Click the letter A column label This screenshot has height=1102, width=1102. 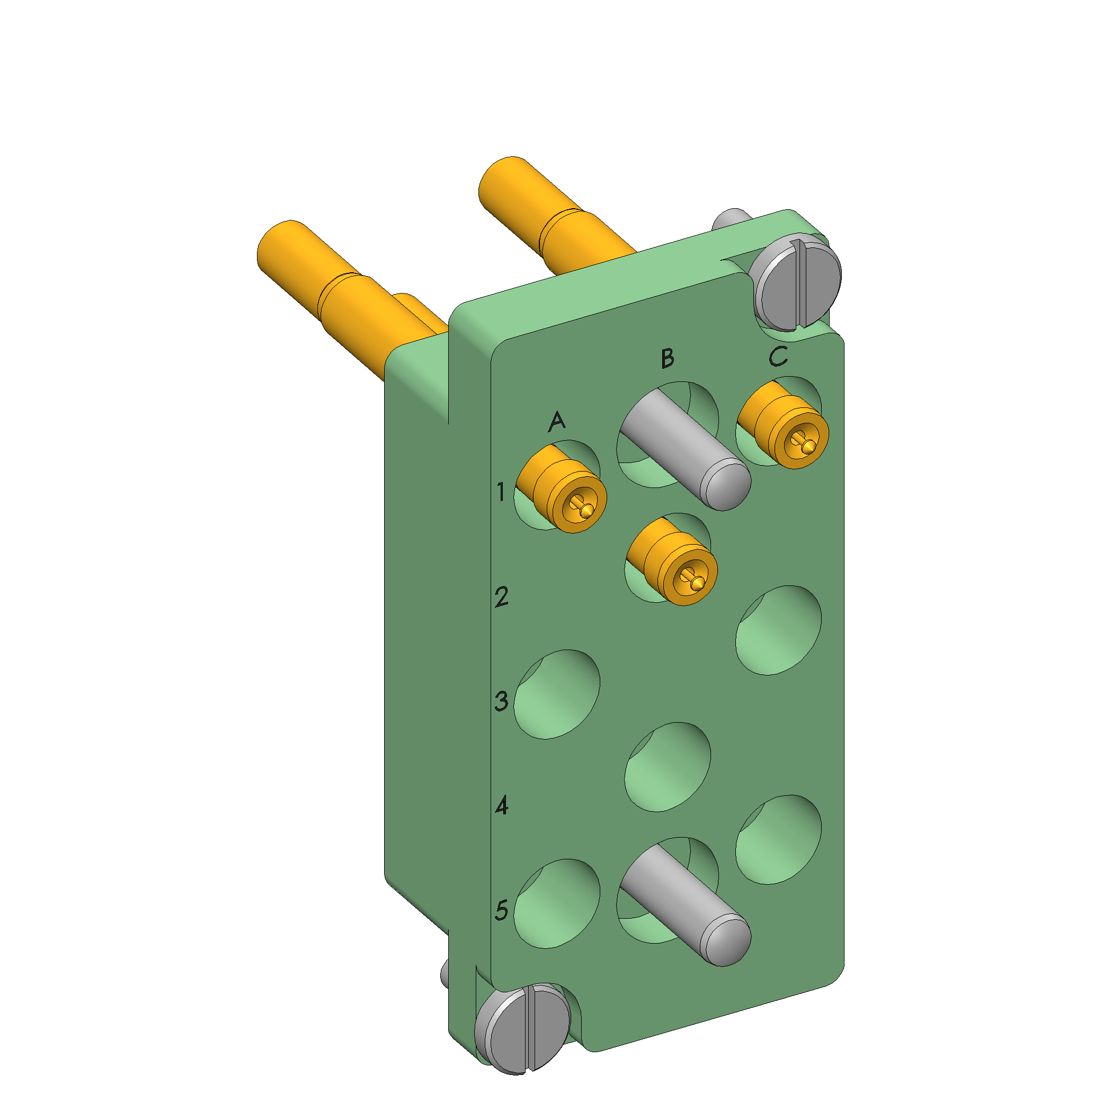pos(557,422)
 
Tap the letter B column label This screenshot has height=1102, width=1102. pos(668,358)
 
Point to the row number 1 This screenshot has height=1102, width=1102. pos(501,491)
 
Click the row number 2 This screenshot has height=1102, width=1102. pos(501,597)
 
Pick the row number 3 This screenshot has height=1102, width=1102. pos(501,701)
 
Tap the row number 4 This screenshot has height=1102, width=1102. pos(502,806)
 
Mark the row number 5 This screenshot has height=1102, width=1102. pos(501,910)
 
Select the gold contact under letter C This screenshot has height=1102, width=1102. pos(783,425)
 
